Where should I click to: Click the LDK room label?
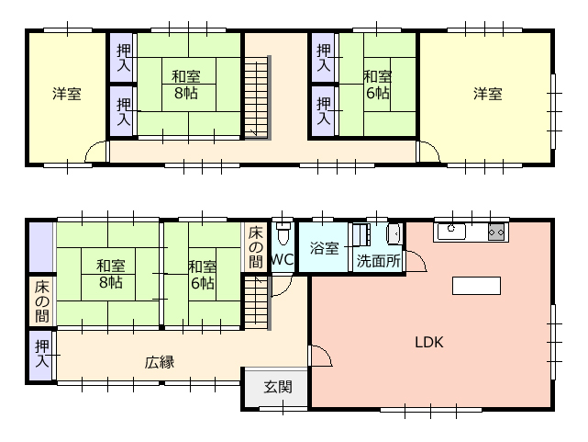pos(429,342)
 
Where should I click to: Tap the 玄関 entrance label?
pos(278,387)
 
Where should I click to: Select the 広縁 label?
pos(160,362)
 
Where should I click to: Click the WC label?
pos(282,259)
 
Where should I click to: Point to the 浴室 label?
pos(325,248)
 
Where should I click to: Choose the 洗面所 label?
pos(378,261)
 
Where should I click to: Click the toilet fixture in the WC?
pos(283,232)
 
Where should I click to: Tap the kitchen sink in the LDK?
pos(451,232)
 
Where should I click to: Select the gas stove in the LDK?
pos(496,232)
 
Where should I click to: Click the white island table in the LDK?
pos(476,286)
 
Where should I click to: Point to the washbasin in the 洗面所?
pos(394,234)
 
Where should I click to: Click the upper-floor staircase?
pos(257,97)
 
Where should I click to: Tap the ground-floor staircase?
pos(257,302)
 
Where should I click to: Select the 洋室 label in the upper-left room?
pos(67,94)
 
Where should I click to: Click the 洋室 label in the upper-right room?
pos(487,94)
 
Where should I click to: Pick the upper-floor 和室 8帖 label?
pos(186,85)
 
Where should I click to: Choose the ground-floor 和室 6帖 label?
pos(203,275)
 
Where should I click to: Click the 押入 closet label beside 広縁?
pos(42,354)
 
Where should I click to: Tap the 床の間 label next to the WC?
pos(255,246)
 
